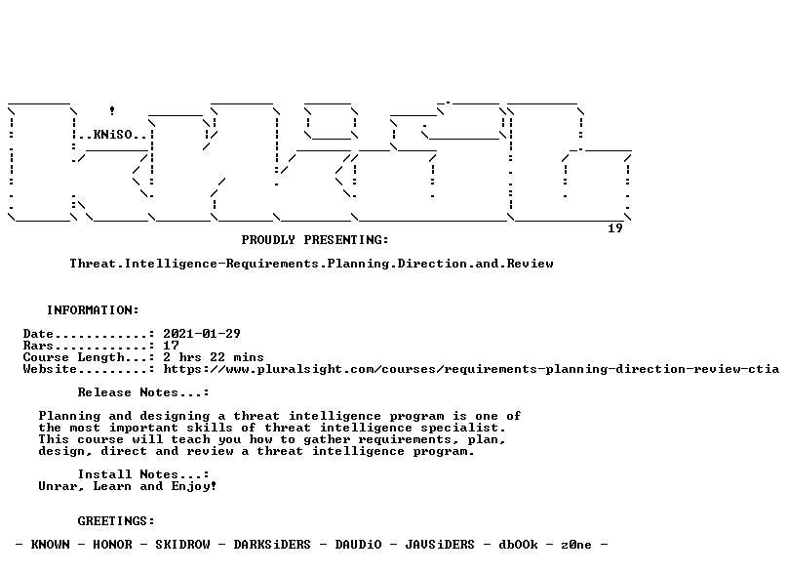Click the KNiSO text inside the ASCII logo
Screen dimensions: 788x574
pos(112,135)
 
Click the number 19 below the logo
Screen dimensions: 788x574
pos(615,228)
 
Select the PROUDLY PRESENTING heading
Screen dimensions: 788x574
pos(315,240)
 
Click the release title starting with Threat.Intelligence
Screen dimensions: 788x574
pos(311,264)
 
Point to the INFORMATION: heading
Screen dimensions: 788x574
pos(93,310)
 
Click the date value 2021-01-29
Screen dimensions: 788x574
pos(202,334)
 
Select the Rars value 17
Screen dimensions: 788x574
pos(171,346)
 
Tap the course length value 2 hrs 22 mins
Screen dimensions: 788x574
pos(214,357)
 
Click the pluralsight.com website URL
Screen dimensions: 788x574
pos(471,369)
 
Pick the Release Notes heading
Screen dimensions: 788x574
pos(143,392)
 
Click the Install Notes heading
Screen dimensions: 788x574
pos(143,474)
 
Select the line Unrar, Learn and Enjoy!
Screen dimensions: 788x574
pos(128,486)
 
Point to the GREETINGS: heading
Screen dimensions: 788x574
pos(116,521)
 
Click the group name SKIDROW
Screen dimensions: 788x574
pos(182,545)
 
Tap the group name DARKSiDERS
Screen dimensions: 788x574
pos(272,545)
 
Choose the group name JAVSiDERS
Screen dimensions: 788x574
pos(440,545)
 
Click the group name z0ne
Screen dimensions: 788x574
pos(576,545)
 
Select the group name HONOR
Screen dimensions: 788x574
pos(112,545)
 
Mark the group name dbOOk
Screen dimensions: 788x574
pos(518,545)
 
